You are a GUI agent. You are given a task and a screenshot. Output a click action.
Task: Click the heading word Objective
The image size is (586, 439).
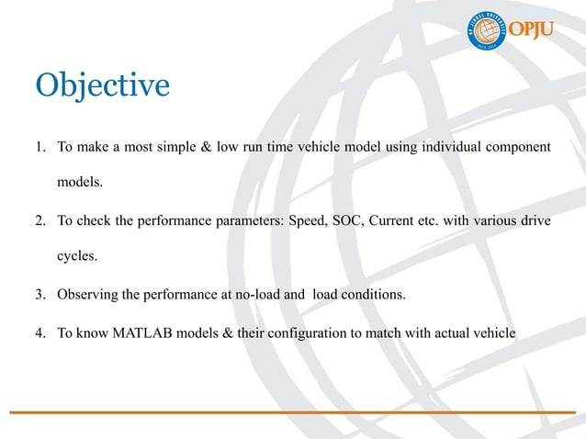[x=102, y=86]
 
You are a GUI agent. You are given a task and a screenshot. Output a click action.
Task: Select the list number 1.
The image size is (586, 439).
[x=41, y=147]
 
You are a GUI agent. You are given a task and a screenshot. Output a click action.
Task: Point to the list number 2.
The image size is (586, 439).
[x=41, y=222]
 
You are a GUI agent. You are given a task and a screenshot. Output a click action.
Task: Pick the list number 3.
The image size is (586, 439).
[x=41, y=296]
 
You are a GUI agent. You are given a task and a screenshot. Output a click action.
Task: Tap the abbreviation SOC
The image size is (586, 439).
[x=354, y=222]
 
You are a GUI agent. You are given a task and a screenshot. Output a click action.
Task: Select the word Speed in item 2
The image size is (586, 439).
[x=309, y=222]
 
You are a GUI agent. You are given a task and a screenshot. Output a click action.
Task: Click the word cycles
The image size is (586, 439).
[x=77, y=258]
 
